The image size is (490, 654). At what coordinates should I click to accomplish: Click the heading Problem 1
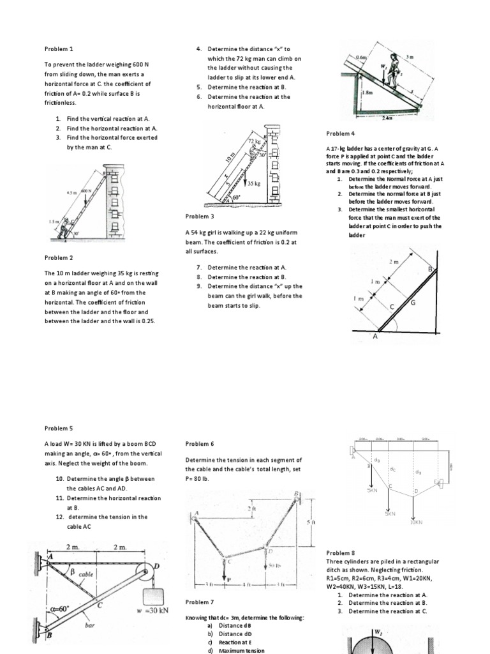click(x=59, y=49)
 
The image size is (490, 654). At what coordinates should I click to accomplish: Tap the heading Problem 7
click(x=200, y=602)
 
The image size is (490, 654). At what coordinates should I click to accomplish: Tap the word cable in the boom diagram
click(x=86, y=574)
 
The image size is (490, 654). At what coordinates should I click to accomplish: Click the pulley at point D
click(x=152, y=571)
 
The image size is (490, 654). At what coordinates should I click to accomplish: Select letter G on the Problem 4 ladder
click(x=413, y=302)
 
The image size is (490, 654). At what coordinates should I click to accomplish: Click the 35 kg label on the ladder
click(x=253, y=183)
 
